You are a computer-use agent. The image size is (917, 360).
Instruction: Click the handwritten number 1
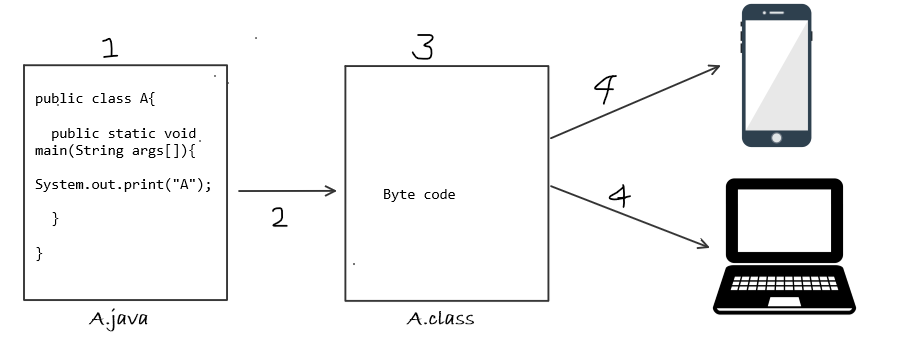point(111,47)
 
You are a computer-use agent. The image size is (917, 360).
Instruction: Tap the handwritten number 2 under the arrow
point(279,217)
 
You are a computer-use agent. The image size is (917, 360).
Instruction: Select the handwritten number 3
point(423,46)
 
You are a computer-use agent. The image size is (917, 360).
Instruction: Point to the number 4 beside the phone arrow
point(604,91)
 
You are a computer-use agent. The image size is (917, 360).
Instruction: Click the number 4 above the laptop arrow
point(619,194)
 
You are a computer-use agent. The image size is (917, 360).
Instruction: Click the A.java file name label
point(119,319)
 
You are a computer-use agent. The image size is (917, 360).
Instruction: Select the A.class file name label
point(441,319)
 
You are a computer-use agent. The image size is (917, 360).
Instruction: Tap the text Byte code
point(419,195)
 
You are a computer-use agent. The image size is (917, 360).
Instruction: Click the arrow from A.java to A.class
point(287,191)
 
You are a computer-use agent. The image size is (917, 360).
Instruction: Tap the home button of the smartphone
point(776,136)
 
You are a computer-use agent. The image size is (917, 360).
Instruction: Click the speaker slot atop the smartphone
point(776,14)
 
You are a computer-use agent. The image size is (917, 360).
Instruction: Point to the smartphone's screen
point(776,74)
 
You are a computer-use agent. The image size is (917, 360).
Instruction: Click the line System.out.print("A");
point(124,185)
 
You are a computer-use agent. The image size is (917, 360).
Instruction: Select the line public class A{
point(96,98)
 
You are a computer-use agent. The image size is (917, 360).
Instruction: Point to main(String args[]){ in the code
point(116,150)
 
